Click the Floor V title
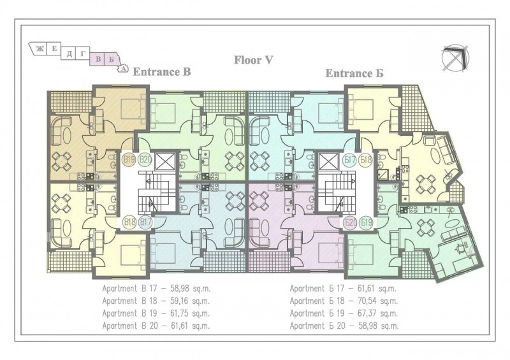point(253,60)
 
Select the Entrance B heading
point(161,72)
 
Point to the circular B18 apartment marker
point(129,222)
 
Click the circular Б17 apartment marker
point(349,160)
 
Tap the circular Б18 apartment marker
point(365,160)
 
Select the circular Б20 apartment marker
point(349,222)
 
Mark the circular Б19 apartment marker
point(365,222)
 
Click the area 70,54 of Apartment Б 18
point(361,301)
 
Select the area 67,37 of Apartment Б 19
point(361,313)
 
